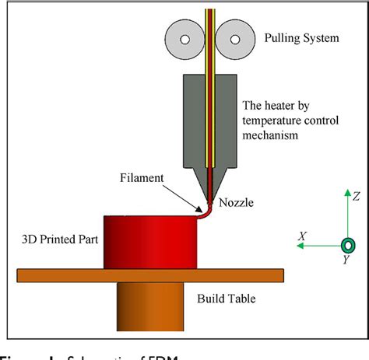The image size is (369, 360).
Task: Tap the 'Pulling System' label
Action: tap(302, 38)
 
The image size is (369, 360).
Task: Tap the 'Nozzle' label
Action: tap(237, 204)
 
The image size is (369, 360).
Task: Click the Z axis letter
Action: tap(354, 197)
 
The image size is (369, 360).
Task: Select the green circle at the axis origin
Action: tap(348, 245)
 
